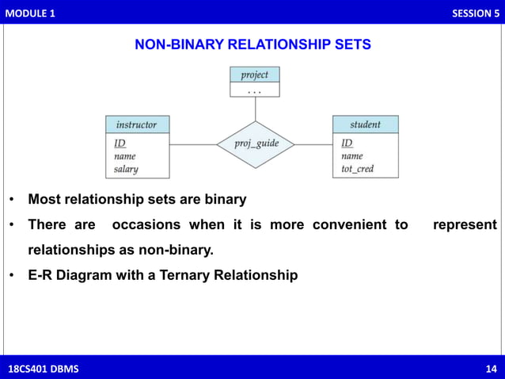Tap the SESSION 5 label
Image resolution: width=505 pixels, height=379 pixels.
475,13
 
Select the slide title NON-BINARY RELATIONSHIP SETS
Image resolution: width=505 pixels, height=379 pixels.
252,45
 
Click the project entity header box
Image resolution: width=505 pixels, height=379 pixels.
254,75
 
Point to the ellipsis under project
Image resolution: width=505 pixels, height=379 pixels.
254,90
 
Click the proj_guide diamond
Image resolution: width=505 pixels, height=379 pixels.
255,144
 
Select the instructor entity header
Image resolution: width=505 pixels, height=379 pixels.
136,124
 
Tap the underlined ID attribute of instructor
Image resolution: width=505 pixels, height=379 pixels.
120,144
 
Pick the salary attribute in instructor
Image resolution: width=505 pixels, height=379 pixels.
126,169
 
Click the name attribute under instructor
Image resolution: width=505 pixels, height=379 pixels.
124,156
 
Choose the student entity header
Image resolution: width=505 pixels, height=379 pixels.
365,124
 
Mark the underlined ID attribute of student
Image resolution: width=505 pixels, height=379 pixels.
347,144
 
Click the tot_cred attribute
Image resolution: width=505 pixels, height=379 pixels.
357,169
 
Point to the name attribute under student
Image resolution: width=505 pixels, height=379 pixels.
352,156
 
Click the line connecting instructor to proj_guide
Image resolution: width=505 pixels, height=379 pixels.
192,144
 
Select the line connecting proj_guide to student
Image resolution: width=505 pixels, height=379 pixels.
313,144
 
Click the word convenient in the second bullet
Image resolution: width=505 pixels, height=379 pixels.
350,225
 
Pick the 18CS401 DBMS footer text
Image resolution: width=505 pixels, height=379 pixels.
43,369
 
